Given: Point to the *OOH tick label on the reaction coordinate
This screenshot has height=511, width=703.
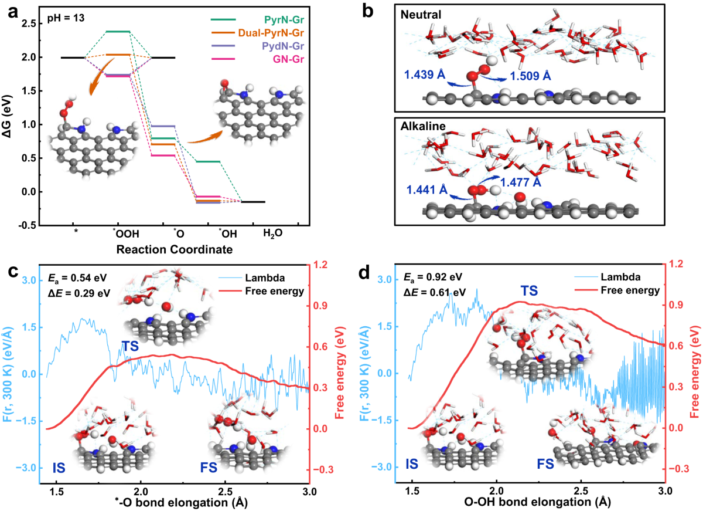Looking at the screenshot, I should tap(122, 232).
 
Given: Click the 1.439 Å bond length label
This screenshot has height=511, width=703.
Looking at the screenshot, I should tap(424, 75).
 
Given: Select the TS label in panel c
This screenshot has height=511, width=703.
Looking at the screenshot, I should tap(130, 347).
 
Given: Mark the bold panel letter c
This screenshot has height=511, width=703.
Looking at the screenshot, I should tap(13, 273).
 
